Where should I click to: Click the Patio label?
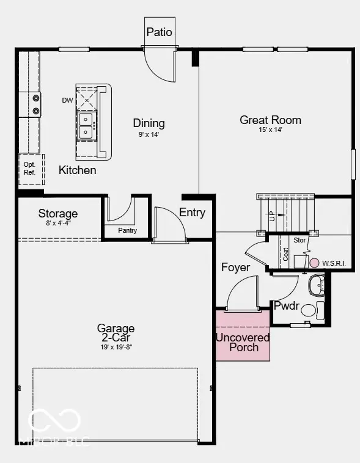[x=159, y=32]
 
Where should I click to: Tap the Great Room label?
[x=270, y=120]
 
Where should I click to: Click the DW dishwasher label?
[x=67, y=100]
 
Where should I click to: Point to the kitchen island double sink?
[x=87, y=124]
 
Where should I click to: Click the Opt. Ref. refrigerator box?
[x=29, y=169]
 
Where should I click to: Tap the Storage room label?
[x=58, y=214]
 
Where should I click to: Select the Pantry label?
[x=128, y=231]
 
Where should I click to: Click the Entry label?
[x=192, y=213]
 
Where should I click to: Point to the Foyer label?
[x=235, y=268]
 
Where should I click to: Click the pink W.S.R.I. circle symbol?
[x=314, y=263]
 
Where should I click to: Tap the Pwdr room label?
[x=285, y=305]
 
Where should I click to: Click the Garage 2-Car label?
[x=116, y=333]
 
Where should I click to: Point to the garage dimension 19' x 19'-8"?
[x=116, y=347]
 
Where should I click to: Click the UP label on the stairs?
[x=271, y=215]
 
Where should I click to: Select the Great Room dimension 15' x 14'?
[x=270, y=129]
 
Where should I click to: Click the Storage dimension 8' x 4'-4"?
[x=58, y=224]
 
